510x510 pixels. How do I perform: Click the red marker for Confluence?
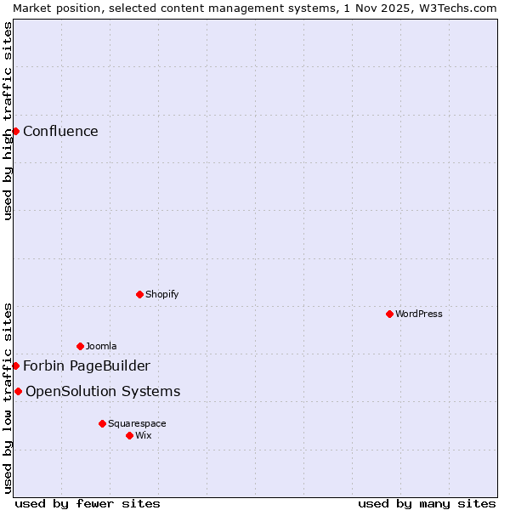click(x=15, y=131)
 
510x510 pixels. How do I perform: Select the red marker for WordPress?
click(x=389, y=314)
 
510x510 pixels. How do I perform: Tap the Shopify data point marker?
click(x=139, y=294)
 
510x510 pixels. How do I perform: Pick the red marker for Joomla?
click(x=80, y=346)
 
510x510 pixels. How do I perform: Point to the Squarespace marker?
click(x=102, y=423)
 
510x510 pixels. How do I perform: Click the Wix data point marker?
click(x=129, y=435)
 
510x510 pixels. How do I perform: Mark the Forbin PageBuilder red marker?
click(x=15, y=365)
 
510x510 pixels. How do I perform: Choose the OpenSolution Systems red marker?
click(x=18, y=391)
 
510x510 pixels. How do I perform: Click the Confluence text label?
click(x=60, y=131)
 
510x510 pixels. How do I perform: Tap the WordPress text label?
click(x=418, y=314)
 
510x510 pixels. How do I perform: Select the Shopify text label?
click(x=161, y=294)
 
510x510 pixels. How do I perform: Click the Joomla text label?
click(x=101, y=346)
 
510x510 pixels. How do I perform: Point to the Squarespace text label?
click(x=137, y=423)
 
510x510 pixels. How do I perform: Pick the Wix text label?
click(x=144, y=435)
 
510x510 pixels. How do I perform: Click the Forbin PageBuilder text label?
click(x=87, y=365)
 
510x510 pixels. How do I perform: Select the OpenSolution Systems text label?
click(x=103, y=391)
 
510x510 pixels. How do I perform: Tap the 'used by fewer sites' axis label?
click(x=88, y=503)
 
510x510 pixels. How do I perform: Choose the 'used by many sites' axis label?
click(x=427, y=503)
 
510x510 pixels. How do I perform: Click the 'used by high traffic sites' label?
click(x=8, y=121)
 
